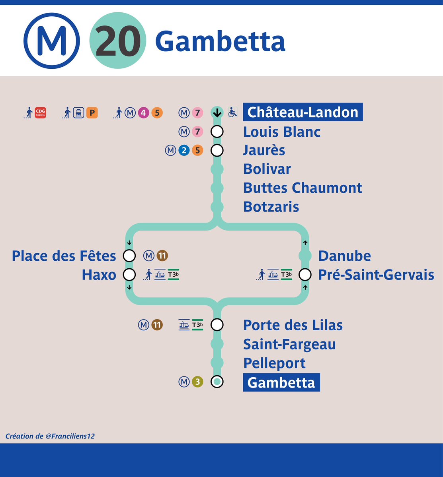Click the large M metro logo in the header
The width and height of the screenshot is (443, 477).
click(52, 41)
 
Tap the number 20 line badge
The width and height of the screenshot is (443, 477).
click(118, 41)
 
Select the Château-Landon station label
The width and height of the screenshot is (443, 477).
click(302, 112)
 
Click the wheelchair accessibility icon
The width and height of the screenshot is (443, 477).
click(233, 112)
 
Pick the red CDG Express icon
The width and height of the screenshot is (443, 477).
click(41, 113)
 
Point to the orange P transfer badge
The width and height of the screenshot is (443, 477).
click(92, 113)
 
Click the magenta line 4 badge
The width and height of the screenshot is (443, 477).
click(143, 113)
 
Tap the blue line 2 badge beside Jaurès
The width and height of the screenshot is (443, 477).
click(183, 151)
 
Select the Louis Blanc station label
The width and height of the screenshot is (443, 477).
click(282, 132)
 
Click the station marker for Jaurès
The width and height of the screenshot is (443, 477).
click(217, 151)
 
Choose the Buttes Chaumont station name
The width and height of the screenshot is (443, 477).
click(302, 188)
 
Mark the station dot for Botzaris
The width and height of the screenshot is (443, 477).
click(217, 207)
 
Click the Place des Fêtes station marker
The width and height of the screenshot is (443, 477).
click(129, 256)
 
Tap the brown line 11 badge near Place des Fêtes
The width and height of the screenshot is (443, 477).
click(162, 256)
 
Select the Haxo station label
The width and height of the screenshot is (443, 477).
click(99, 275)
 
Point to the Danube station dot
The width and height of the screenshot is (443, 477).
click(305, 256)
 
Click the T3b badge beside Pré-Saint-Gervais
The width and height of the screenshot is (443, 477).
click(286, 274)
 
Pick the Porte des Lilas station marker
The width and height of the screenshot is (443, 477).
click(217, 325)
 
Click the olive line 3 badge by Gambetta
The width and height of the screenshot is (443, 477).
click(197, 382)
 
